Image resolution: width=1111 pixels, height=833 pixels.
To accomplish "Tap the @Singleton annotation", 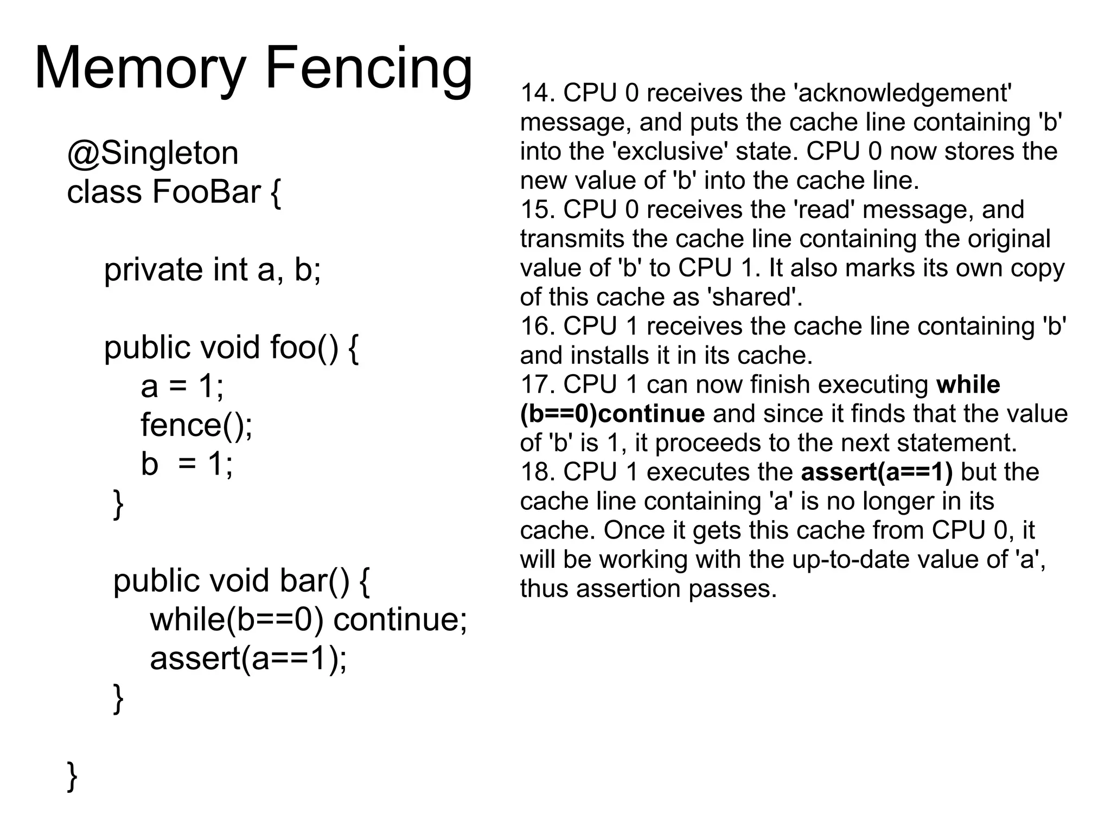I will point(152,153).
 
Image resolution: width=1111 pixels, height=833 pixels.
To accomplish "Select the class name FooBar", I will point(206,192).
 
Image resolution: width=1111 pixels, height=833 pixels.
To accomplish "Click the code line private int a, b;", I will point(212,270).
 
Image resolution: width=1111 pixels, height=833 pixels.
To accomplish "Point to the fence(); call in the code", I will point(196,425).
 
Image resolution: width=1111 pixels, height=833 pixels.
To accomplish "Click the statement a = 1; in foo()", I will point(182,386).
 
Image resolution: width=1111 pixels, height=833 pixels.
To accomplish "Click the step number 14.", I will point(538,93).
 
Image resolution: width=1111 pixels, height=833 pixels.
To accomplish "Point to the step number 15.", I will point(538,210).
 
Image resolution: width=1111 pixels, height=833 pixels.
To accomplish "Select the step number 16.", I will point(538,326).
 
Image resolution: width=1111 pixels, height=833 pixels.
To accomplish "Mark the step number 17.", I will point(538,385).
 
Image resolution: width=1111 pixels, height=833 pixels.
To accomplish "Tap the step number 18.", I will point(538,472).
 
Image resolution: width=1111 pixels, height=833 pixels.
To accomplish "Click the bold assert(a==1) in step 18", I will point(877,472).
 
